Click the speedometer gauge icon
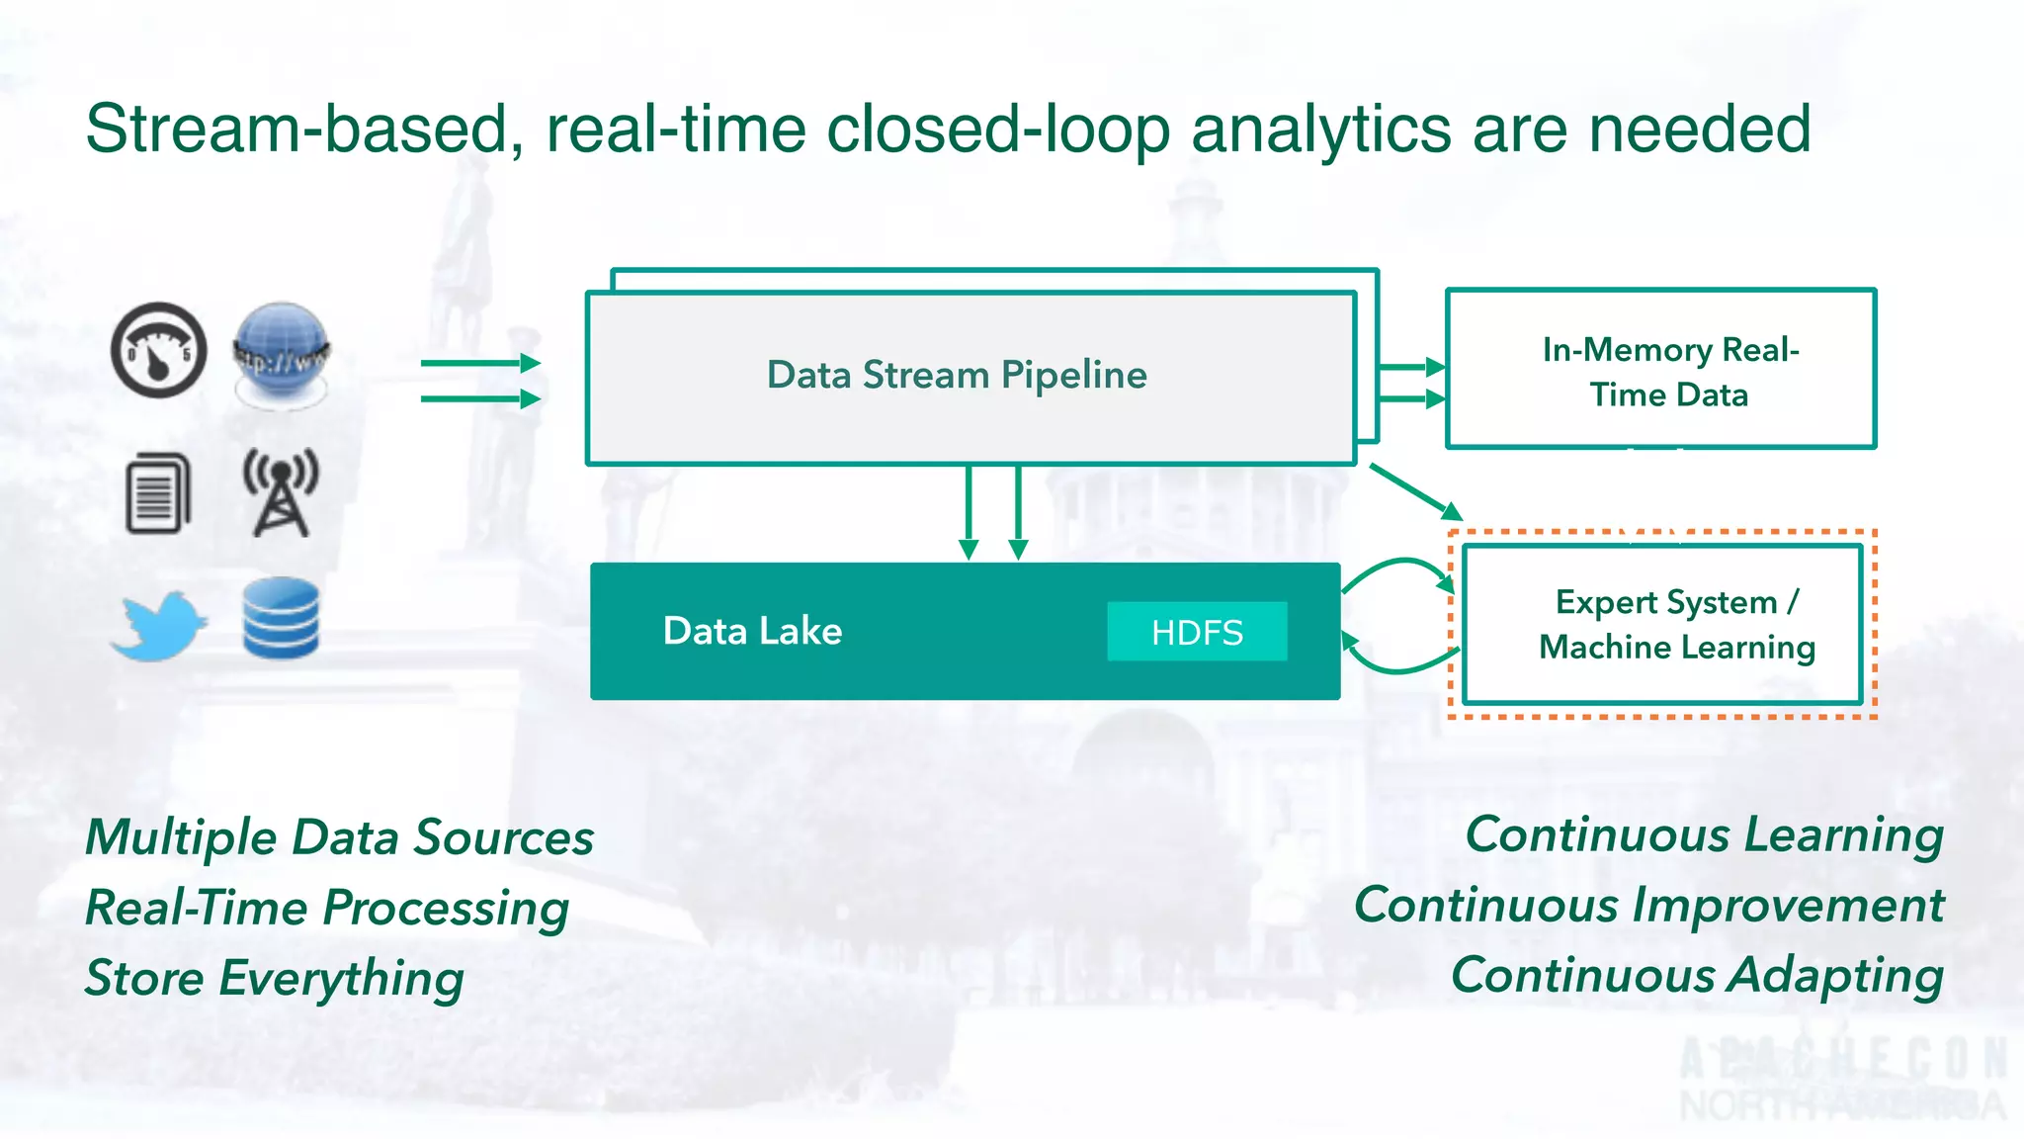158,351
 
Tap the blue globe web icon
282,354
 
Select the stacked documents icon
158,492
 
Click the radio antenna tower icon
282,491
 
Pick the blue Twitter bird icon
158,626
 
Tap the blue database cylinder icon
281,619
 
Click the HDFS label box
1197,632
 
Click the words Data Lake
752,631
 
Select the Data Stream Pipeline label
957,375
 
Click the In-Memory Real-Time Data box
1660,371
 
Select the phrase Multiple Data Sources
339,837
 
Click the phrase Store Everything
274,978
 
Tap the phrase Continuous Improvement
1648,905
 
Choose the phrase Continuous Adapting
1697,975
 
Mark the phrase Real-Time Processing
326,908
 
